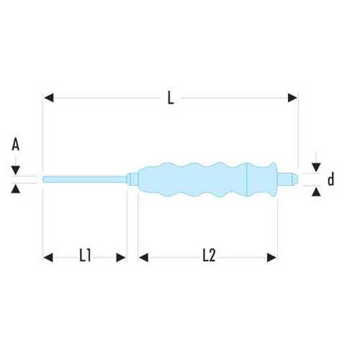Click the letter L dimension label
pos(171,99)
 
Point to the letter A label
pos(15,144)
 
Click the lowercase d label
pos(331,179)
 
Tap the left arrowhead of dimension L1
pos(49,256)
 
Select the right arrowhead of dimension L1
pos(122,256)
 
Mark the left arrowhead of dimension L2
pos(143,256)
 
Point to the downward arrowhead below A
pos(15,170)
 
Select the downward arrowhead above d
pos(316,165)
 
